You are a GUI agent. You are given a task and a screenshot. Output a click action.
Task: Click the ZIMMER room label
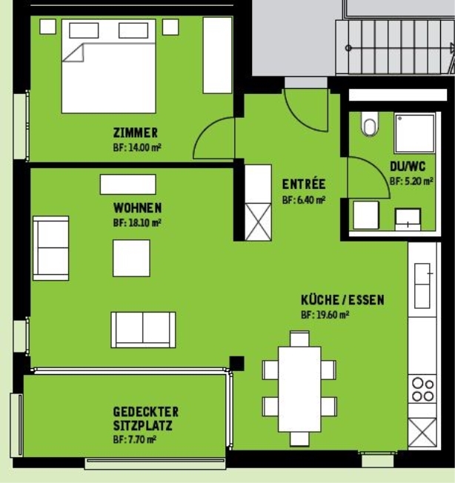[135, 133]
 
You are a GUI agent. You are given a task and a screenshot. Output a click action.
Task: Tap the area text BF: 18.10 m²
[137, 221]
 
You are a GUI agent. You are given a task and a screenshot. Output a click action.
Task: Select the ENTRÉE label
[303, 184]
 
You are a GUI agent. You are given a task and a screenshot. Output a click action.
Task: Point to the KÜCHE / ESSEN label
[342, 300]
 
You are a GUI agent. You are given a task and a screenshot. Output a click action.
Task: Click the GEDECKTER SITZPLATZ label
[145, 419]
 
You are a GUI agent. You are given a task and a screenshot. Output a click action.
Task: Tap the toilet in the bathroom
[369, 125]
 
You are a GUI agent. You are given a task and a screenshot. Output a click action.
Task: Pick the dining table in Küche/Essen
[299, 389]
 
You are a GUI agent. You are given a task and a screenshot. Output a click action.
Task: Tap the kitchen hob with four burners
[423, 390]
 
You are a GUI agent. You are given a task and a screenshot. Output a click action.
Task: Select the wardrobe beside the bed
[217, 56]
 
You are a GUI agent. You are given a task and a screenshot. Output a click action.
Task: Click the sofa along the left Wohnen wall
[51, 247]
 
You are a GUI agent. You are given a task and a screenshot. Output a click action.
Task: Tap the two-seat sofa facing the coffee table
[144, 330]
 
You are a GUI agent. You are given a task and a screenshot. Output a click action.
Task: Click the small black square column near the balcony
[236, 364]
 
